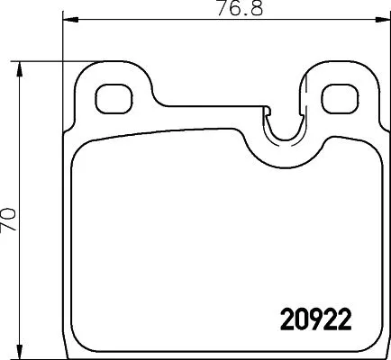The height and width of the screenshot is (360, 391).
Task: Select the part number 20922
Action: point(310,320)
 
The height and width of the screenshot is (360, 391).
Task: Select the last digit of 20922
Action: point(341,320)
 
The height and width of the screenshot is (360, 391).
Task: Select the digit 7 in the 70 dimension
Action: point(9,225)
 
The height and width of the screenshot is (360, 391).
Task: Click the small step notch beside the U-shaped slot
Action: point(267,112)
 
